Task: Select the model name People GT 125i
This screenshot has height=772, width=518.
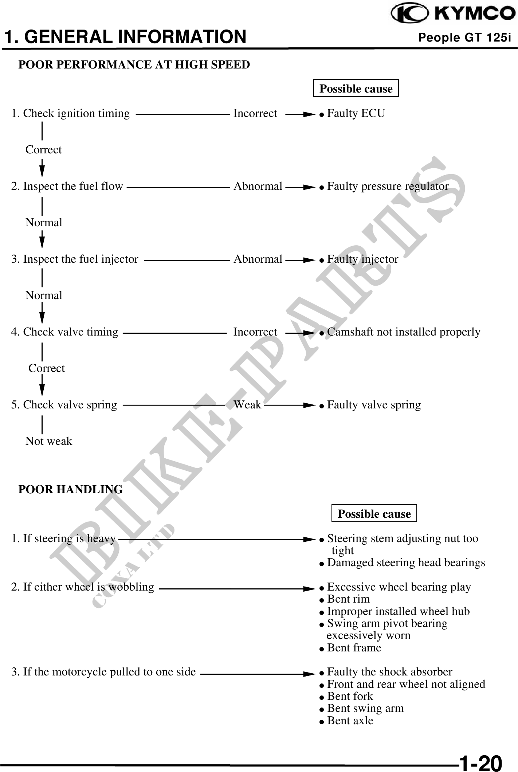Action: point(465,38)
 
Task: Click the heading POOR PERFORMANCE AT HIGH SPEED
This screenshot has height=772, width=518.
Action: point(134,64)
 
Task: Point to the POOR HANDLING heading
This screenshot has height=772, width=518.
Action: point(70,489)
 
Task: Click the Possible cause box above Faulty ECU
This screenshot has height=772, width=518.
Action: point(356,88)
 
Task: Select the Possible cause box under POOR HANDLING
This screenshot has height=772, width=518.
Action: point(374,513)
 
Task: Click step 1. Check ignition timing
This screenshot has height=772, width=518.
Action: point(70,114)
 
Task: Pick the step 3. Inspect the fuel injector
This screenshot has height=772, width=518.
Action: point(75,259)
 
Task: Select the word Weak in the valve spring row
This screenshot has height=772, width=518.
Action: point(247,404)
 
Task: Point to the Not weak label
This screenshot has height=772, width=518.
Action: point(49,441)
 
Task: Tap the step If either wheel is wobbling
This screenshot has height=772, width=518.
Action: point(83,587)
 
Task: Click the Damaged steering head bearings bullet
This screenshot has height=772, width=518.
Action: point(402,563)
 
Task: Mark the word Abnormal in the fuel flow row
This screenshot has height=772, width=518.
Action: point(258,186)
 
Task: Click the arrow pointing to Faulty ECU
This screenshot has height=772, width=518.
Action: point(300,114)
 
